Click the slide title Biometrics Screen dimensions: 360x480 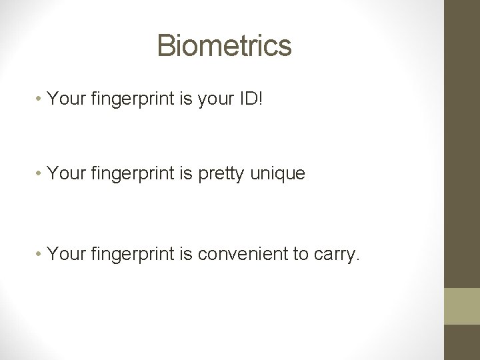tap(224, 45)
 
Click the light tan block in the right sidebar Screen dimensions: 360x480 tap(462, 306)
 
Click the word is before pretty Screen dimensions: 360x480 tap(189, 174)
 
